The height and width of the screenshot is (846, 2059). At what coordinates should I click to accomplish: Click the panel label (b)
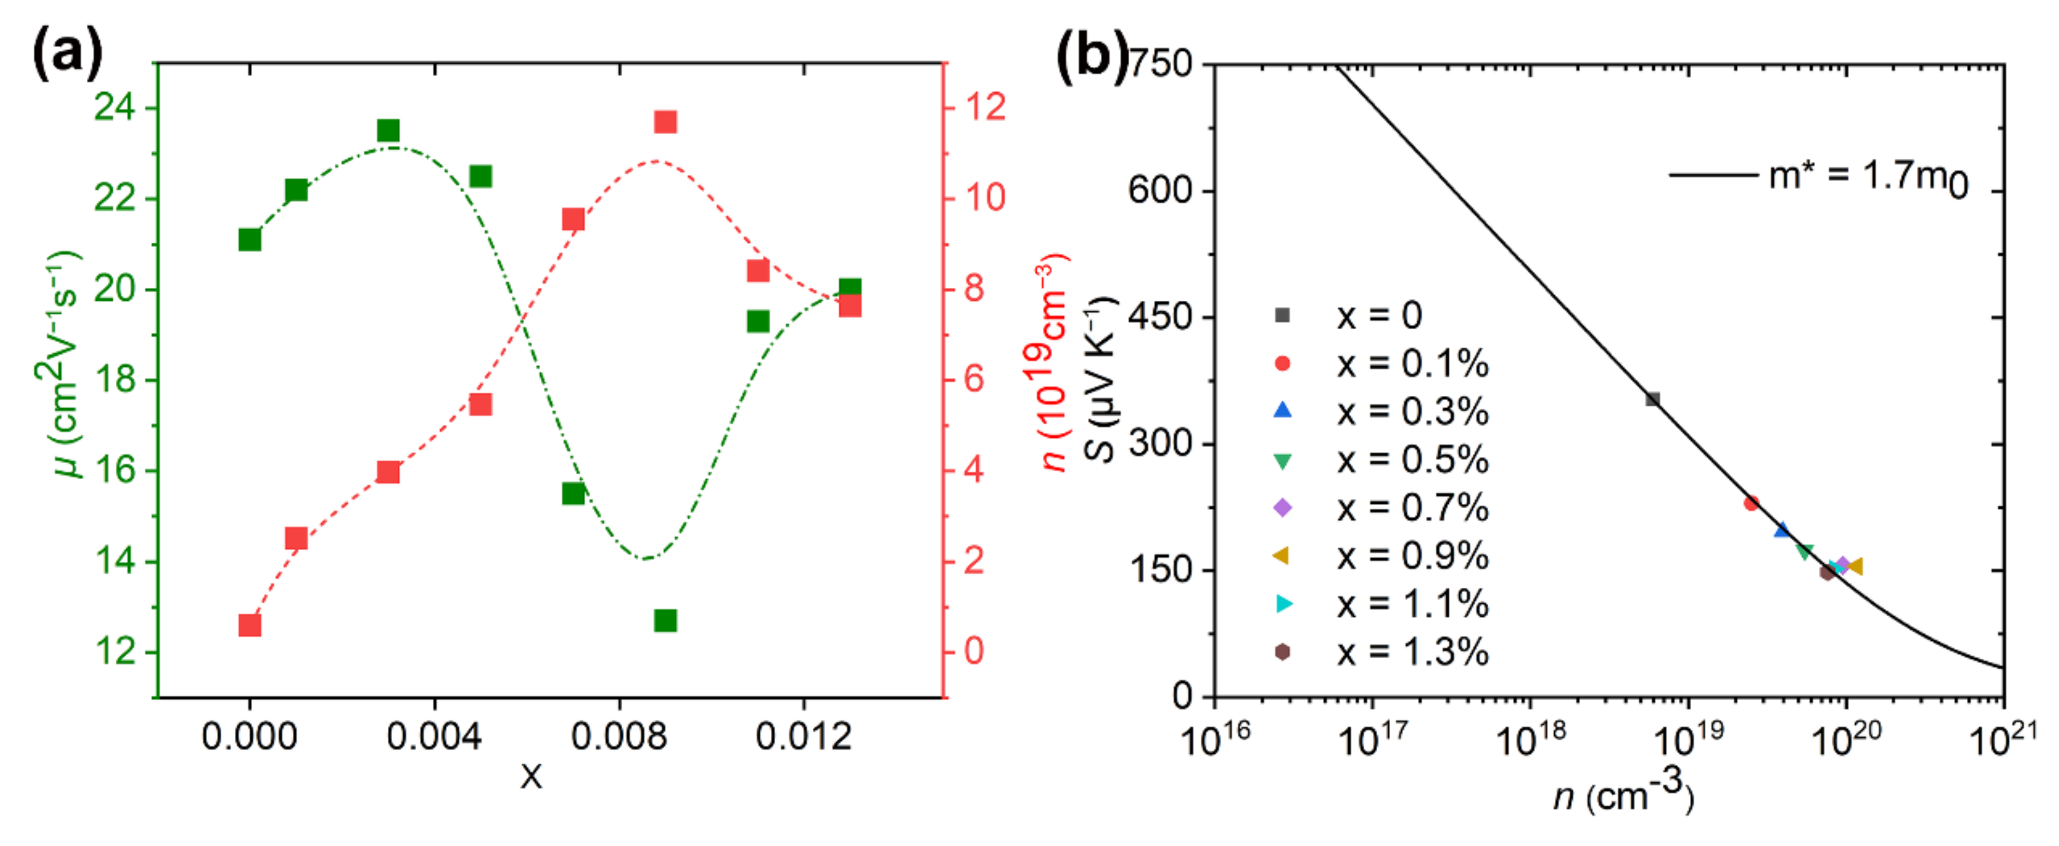(1090, 54)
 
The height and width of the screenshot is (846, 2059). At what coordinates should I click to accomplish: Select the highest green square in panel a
(388, 131)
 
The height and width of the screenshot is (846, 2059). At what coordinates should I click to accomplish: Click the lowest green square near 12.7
(665, 620)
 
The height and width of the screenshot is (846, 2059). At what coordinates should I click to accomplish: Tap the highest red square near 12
(665, 122)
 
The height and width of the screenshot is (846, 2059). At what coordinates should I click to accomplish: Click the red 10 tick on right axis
(984, 197)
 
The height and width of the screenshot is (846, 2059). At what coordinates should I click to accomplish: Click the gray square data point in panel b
(1652, 399)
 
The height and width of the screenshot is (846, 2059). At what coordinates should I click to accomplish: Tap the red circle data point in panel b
(1750, 503)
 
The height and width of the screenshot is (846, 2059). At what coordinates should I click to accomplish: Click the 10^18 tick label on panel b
(1529, 740)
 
